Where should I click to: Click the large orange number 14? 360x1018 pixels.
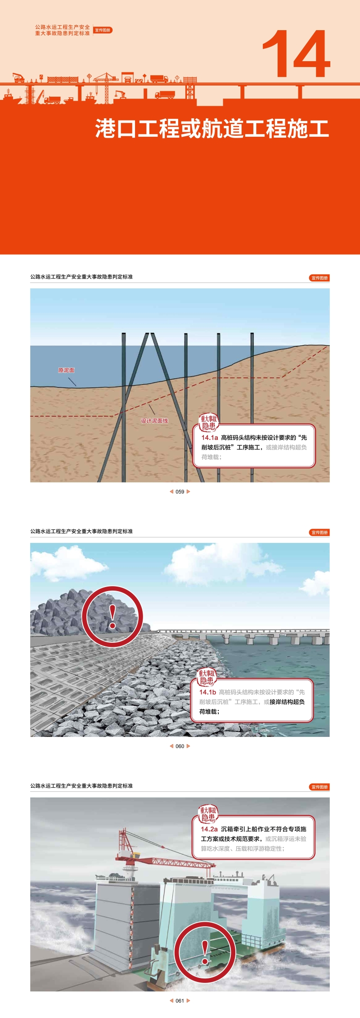(x=296, y=54)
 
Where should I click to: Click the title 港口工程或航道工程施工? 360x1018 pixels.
(x=212, y=129)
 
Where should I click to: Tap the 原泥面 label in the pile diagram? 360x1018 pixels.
(x=66, y=370)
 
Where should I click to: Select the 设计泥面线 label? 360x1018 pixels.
(x=154, y=421)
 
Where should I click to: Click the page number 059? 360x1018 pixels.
(x=180, y=492)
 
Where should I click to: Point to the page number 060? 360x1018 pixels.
(x=180, y=746)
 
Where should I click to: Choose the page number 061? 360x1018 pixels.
(x=180, y=1001)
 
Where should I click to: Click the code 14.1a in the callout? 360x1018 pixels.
(x=210, y=437)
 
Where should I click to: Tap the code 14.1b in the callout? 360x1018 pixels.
(x=208, y=692)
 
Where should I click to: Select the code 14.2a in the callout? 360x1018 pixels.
(x=209, y=829)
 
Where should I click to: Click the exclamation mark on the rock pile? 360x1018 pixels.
(x=112, y=617)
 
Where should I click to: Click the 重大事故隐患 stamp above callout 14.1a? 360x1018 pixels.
(x=208, y=422)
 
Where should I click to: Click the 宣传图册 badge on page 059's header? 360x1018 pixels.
(x=319, y=278)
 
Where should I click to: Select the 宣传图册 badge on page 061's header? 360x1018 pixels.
(x=319, y=787)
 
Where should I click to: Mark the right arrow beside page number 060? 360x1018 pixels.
(x=189, y=746)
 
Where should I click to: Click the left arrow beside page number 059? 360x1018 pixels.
(x=171, y=492)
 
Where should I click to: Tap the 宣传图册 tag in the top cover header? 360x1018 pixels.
(x=103, y=30)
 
